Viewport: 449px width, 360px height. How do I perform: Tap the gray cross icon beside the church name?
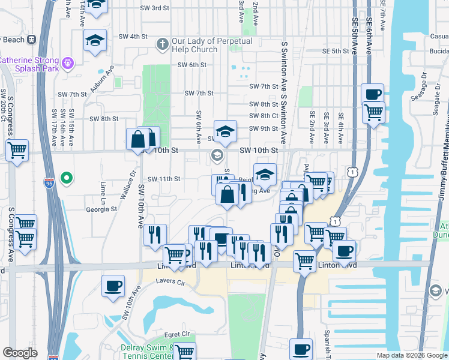point(161,44)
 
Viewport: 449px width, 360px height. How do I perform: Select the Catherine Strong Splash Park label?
point(29,61)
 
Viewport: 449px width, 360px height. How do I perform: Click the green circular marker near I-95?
point(67,178)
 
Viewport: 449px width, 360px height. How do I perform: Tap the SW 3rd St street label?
point(154,8)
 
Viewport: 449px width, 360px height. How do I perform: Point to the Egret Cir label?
point(177,334)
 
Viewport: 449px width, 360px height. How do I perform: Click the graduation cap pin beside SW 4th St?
point(95,40)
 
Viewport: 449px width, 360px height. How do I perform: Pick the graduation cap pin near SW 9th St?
point(225,131)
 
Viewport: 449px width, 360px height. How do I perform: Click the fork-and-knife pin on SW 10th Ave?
point(155,235)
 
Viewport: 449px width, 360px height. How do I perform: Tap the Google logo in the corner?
point(20,353)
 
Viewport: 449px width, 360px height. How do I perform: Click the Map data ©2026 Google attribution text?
point(411,355)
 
